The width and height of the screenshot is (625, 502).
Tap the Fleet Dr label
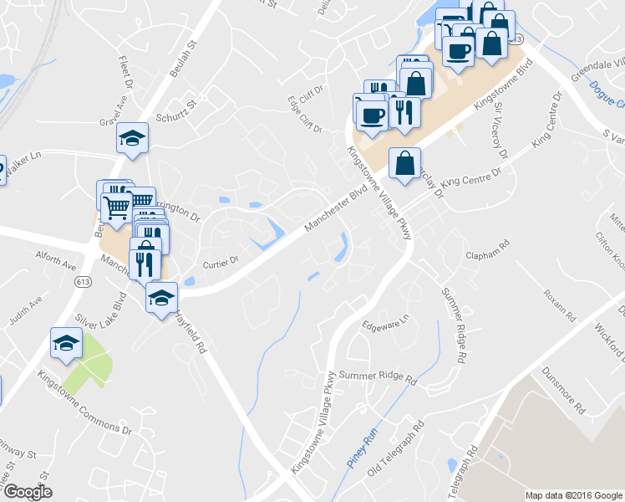point(127,73)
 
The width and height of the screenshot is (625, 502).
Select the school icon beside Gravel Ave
point(131,137)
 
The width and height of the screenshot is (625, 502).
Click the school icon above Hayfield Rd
point(161,297)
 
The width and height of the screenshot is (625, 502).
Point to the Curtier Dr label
point(221,262)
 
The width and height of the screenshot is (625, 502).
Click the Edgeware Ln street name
point(385,323)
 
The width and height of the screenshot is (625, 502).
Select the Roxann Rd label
point(559,306)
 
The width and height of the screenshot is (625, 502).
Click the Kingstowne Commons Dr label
point(84,402)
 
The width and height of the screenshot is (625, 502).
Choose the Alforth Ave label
point(55,259)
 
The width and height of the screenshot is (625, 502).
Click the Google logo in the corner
point(27,492)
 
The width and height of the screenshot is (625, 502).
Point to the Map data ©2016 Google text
point(574,495)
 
